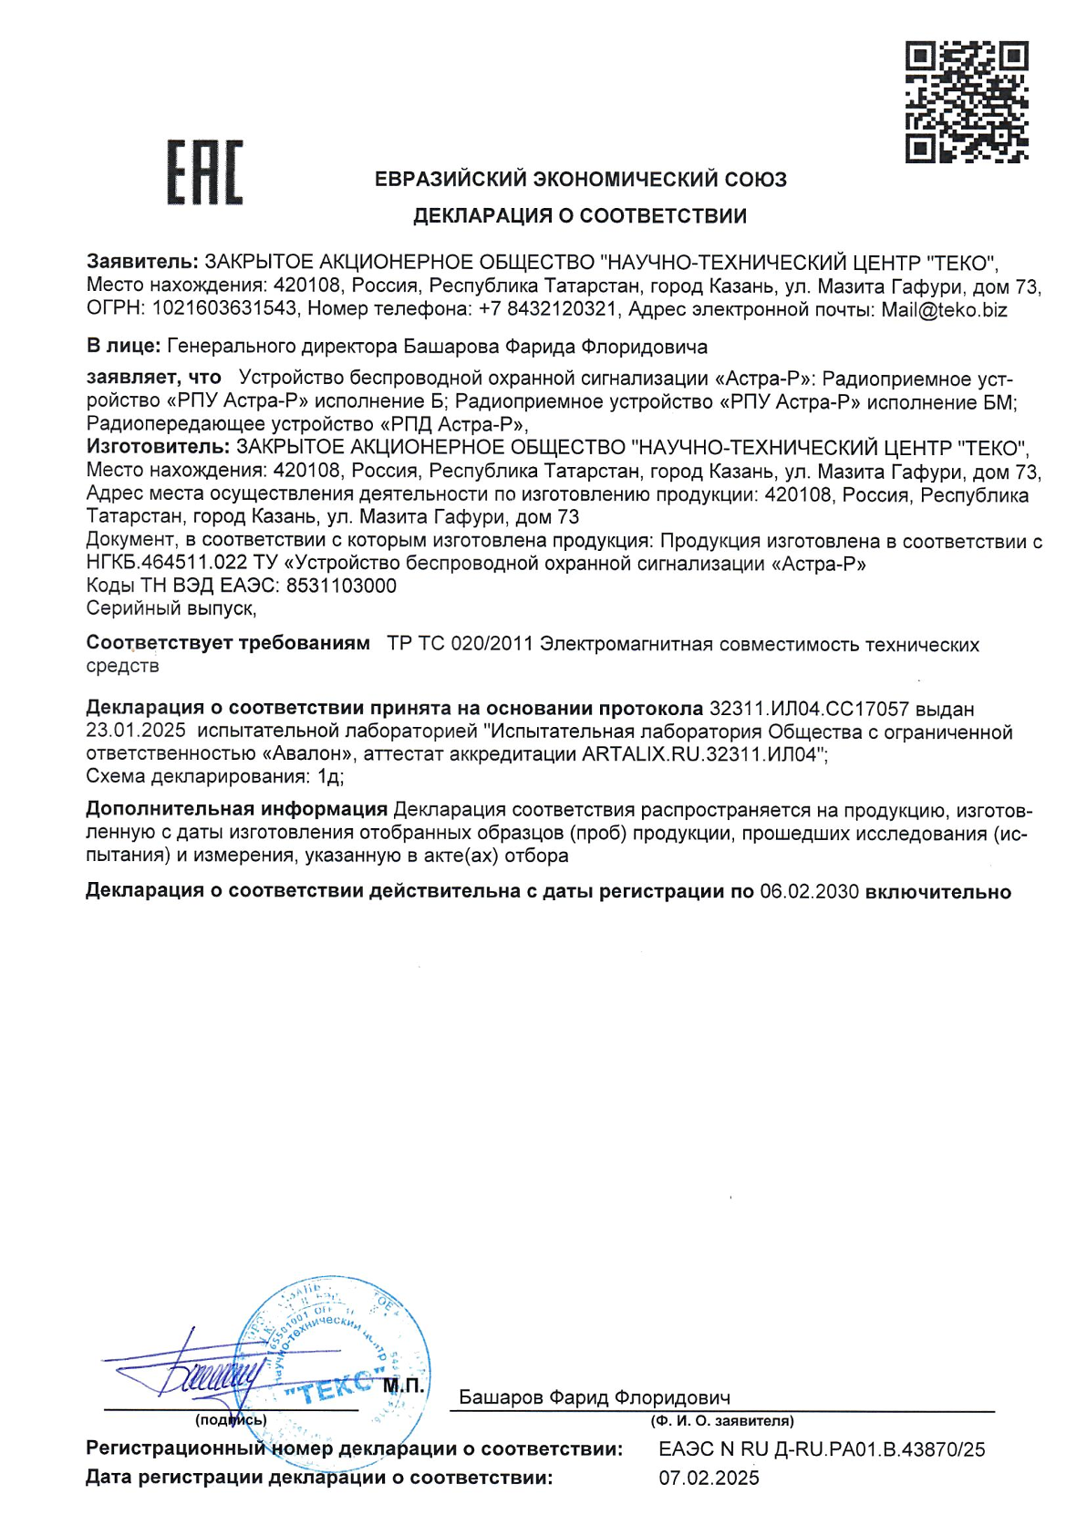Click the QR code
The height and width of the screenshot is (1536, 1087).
pyautogui.click(x=967, y=101)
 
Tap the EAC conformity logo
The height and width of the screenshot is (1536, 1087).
pyautogui.click(x=204, y=172)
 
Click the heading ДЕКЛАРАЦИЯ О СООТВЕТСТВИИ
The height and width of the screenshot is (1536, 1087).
pyautogui.click(x=580, y=216)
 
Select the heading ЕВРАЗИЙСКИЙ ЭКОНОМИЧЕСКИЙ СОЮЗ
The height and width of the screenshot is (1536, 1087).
pyautogui.click(x=581, y=180)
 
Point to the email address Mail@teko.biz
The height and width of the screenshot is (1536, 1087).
pyautogui.click(x=944, y=310)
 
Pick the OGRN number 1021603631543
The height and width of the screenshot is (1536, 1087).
pyautogui.click(x=224, y=310)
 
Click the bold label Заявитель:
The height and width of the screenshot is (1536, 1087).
pyautogui.click(x=142, y=264)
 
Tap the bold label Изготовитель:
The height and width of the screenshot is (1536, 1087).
pyautogui.click(x=158, y=448)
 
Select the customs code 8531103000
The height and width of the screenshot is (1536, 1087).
pyautogui.click(x=341, y=586)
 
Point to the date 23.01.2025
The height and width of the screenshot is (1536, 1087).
pyautogui.click(x=136, y=732)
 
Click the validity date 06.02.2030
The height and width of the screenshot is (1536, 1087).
pyautogui.click(x=809, y=892)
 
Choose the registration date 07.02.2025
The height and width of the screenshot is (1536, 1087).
pyautogui.click(x=709, y=1478)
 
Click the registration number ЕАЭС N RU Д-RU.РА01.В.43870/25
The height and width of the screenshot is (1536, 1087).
pyautogui.click(x=822, y=1449)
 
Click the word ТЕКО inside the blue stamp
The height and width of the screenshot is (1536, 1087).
pyautogui.click(x=330, y=1387)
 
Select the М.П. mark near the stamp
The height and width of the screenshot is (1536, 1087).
pyautogui.click(x=402, y=1386)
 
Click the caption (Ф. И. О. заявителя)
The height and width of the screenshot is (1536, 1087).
pyautogui.click(x=721, y=1421)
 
